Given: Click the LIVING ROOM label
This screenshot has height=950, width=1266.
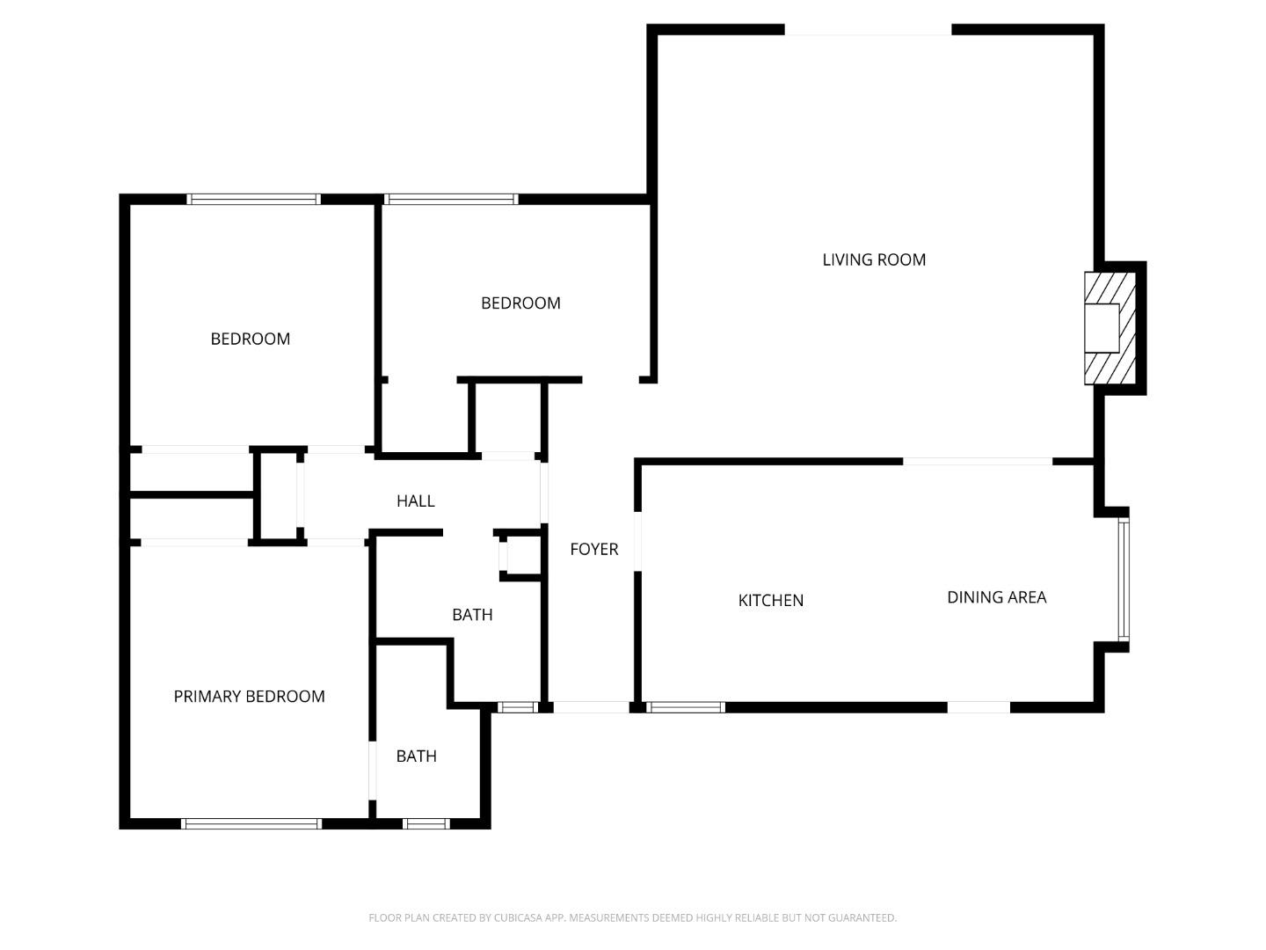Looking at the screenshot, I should point(874,259).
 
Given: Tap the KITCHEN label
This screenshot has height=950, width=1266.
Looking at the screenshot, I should point(770,601).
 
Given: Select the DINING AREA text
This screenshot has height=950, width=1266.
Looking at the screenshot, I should point(996,597).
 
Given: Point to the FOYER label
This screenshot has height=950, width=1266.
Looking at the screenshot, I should point(594,549).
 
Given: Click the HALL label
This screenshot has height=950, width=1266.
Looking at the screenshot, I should point(415,501).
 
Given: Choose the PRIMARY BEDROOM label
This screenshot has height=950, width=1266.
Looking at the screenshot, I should point(249,697).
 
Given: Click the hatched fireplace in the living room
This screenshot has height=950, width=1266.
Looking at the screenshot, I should point(1110,328).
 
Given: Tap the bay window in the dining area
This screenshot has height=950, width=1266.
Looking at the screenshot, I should point(1123,580).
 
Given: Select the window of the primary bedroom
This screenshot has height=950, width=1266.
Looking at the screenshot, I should point(251,824).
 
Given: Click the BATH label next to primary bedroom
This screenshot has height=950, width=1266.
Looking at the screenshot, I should point(416,756).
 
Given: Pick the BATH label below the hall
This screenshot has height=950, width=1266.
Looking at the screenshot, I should point(472,615).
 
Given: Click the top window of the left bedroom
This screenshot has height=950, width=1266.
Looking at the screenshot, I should point(253,200).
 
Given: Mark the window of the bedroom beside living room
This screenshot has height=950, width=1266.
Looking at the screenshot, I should point(451,200).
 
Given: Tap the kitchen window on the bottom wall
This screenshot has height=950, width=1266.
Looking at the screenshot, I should point(686,707).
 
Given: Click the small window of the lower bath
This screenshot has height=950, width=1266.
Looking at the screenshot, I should point(426,824).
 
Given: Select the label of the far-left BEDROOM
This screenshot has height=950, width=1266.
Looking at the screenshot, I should point(250,339).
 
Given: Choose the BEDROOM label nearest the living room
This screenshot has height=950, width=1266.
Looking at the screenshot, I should point(520,303).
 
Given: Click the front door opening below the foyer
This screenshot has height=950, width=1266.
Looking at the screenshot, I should point(591,707).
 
